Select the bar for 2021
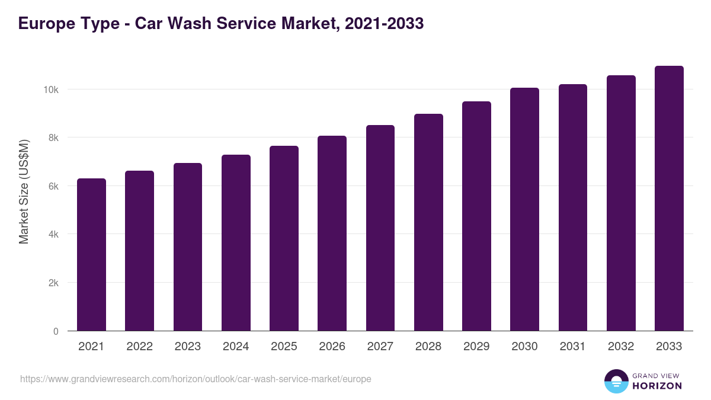(91, 255)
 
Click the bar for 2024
(236, 243)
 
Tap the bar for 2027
(380, 228)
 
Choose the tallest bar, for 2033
(669, 199)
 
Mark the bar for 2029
(476, 216)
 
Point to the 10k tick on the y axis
(51, 89)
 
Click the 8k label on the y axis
(53, 137)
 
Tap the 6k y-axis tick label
(53, 186)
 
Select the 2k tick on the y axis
(53, 283)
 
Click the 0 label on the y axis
(56, 331)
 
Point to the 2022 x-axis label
(139, 347)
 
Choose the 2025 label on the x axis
(284, 347)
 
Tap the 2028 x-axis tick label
(428, 347)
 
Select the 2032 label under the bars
(621, 347)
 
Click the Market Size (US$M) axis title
(24, 191)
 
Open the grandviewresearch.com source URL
(196, 379)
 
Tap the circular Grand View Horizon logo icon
(616, 382)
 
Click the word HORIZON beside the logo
(657, 386)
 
